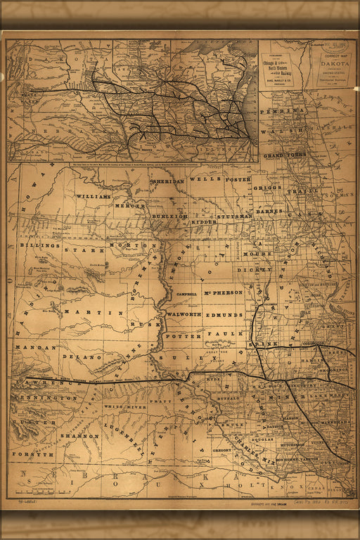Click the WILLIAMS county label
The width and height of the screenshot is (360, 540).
tap(94, 197)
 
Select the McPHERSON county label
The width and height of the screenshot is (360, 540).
tap(223, 292)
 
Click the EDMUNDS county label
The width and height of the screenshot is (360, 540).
tap(224, 316)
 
